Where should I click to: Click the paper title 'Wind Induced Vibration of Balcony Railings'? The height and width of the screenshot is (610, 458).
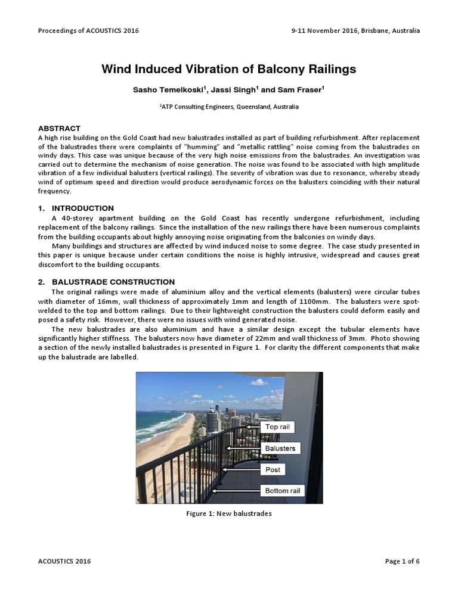[x=229, y=69]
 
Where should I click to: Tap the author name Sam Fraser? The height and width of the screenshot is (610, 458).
[x=304, y=90]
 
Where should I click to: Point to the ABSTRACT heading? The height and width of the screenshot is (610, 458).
[x=59, y=128]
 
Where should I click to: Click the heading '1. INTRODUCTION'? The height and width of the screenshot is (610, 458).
[x=76, y=208]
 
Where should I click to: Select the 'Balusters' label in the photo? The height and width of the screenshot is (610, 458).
[x=280, y=448]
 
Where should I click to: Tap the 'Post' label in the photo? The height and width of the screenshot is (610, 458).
[x=273, y=469]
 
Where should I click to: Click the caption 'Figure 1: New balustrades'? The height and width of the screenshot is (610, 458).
[x=229, y=513]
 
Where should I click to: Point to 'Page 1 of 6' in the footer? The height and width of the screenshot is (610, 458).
[x=403, y=561]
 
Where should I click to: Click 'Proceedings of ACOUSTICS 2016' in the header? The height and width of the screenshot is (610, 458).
[x=88, y=30]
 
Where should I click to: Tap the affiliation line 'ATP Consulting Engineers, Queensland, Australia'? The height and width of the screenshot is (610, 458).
[x=230, y=107]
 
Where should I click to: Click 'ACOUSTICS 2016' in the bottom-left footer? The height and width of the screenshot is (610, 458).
[x=65, y=561]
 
